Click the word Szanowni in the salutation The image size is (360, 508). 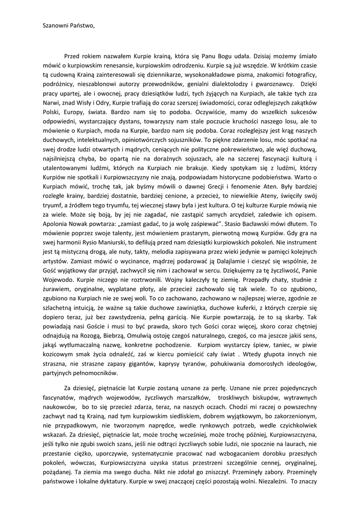click(56, 25)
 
